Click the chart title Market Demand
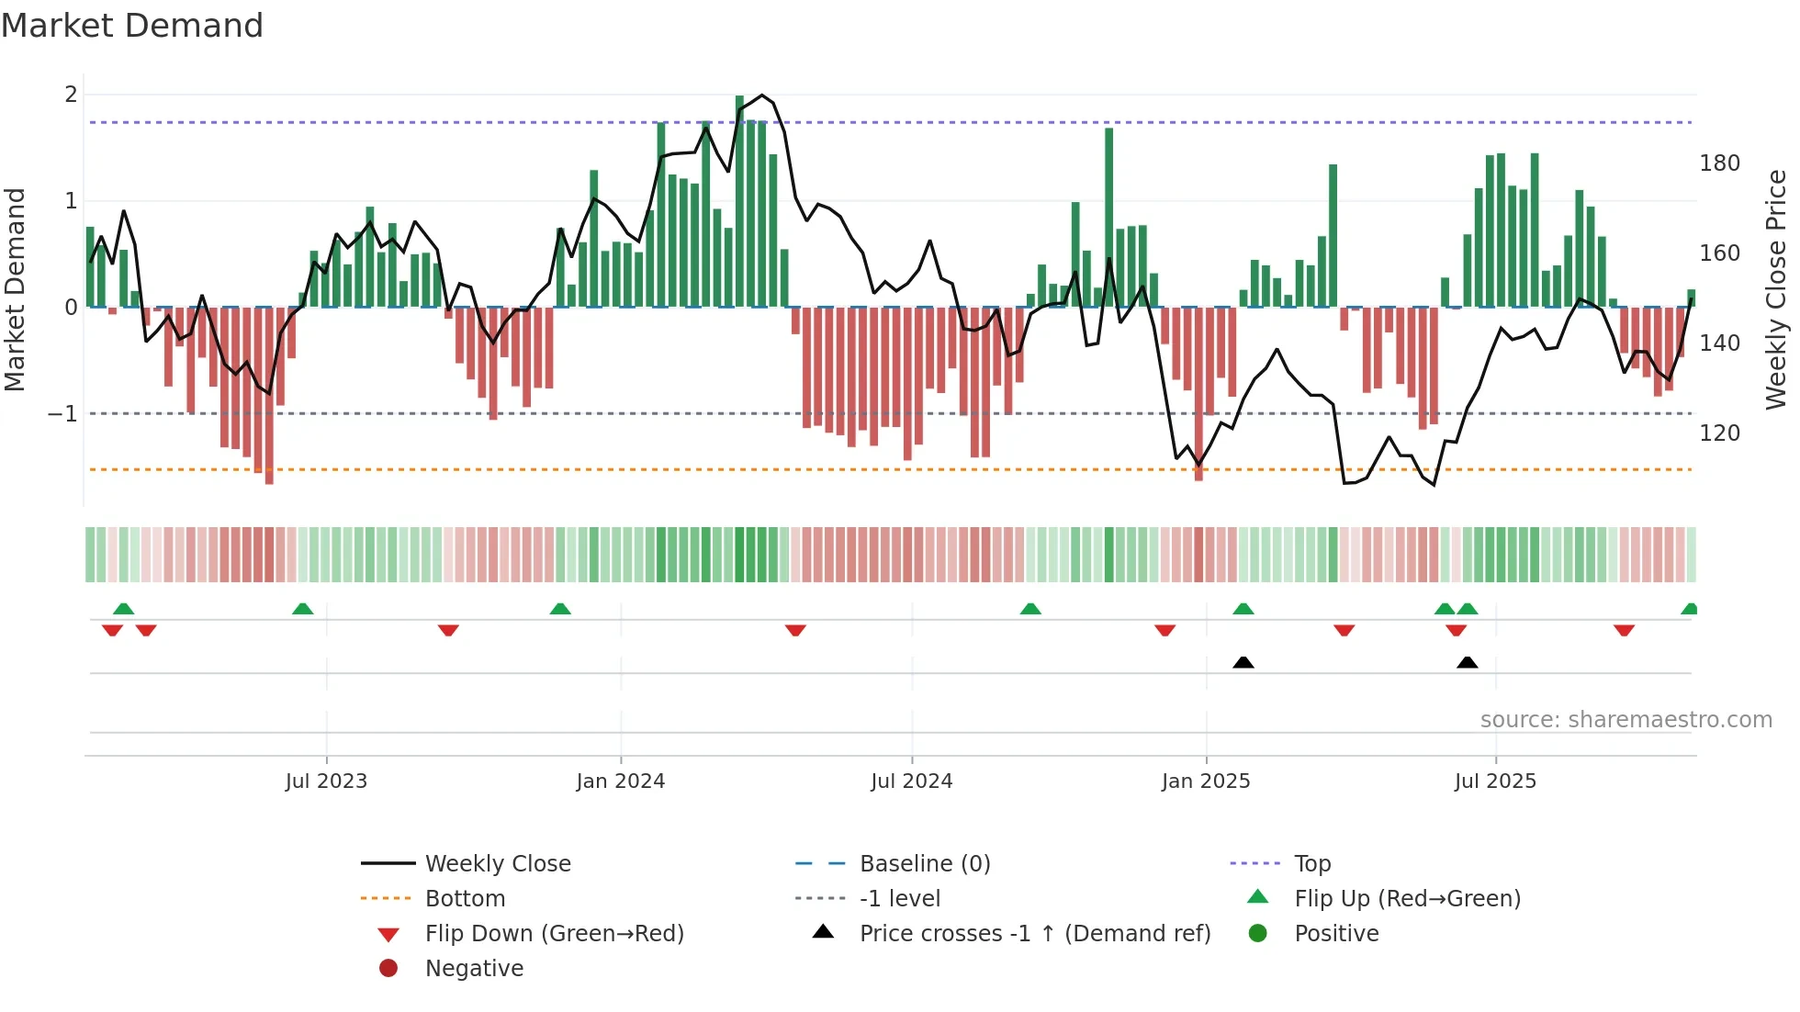[x=132, y=25]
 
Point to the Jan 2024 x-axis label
[x=620, y=781]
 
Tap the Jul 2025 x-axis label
[x=1494, y=781]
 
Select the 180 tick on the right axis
[x=1719, y=163]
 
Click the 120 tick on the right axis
[x=1719, y=433]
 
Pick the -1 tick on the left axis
[x=62, y=414]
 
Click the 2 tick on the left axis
[x=71, y=95]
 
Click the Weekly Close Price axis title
[x=1776, y=289]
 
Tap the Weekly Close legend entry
[x=497, y=864]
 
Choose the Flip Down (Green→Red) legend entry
[x=554, y=934]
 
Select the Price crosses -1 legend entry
[x=1034, y=934]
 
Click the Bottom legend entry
[x=465, y=899]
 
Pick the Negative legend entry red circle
[x=388, y=969]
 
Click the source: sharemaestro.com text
[x=1626, y=720]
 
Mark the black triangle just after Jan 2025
[x=1243, y=662]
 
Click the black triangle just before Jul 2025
[x=1467, y=662]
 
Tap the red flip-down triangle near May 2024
[x=795, y=630]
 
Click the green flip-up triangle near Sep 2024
[x=1030, y=609]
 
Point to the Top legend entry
[x=1311, y=864]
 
